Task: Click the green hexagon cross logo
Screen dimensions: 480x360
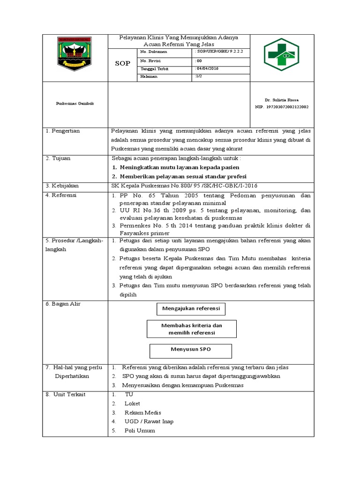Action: tap(281, 55)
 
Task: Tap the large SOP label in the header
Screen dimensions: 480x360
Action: tap(122, 63)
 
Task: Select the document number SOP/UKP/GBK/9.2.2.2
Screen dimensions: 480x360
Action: tap(219, 51)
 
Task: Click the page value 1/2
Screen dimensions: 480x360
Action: tap(199, 76)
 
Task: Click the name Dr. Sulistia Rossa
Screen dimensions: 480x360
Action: tap(281, 100)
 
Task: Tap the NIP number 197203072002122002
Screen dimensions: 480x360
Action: tap(281, 107)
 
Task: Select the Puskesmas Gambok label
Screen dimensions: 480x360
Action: tap(75, 104)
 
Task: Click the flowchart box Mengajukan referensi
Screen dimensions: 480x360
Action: tap(191, 309)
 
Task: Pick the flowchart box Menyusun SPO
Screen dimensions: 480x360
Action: tap(190, 350)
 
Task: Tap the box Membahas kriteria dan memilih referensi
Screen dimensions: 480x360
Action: tap(191, 329)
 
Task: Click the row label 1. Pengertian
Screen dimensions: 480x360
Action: tap(63, 131)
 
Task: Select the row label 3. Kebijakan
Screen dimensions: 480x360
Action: tap(62, 186)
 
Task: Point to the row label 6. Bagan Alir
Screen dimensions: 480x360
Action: tap(63, 304)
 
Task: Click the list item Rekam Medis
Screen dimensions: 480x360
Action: tap(142, 412)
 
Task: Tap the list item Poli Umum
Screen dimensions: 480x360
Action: tap(139, 430)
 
